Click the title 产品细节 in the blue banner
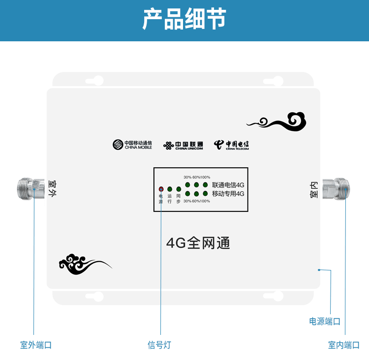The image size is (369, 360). (x=184, y=19)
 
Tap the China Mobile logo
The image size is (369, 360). (x=132, y=145)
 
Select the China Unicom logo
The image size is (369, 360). (x=183, y=146)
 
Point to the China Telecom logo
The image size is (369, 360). (x=231, y=145)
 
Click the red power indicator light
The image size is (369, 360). (x=161, y=189)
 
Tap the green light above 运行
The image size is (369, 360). (x=170, y=189)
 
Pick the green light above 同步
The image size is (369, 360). (x=179, y=189)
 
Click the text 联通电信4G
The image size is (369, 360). (x=228, y=185)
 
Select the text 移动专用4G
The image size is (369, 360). (x=228, y=194)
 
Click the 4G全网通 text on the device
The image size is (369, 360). (x=198, y=243)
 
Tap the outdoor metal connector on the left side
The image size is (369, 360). (x=31, y=189)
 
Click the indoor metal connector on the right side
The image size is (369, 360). (x=336, y=189)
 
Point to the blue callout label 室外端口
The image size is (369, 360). (x=36, y=345)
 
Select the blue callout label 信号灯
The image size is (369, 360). (x=159, y=345)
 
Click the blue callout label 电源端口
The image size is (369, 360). (x=325, y=321)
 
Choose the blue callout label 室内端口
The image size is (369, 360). (x=344, y=345)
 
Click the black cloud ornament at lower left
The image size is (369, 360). (x=85, y=264)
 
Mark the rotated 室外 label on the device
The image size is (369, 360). (x=52, y=188)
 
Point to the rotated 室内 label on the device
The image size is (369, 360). (x=314, y=190)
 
